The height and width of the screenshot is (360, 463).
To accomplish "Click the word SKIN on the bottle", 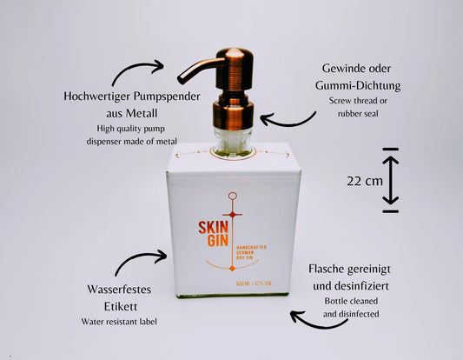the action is [213, 228].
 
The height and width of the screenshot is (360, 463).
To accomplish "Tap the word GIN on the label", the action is [218, 241].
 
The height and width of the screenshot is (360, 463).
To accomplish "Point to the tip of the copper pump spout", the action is [181, 79].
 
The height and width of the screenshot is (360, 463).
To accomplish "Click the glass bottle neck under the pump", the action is [233, 141].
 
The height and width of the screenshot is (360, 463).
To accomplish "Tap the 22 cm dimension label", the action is [365, 181].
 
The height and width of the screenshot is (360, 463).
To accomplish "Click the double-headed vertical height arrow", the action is [390, 180].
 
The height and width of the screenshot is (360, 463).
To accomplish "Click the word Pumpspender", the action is [167, 97].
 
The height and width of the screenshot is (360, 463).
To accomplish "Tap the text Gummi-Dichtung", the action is [358, 86].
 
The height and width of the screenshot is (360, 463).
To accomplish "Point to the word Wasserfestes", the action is [119, 289].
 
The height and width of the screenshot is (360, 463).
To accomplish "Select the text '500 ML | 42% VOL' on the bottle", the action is [254, 283].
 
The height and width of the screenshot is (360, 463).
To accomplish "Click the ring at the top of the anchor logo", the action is [233, 196].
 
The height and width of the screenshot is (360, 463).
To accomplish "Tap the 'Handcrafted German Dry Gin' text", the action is [251, 252].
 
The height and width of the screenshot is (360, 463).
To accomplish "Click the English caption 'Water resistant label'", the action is [119, 322].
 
